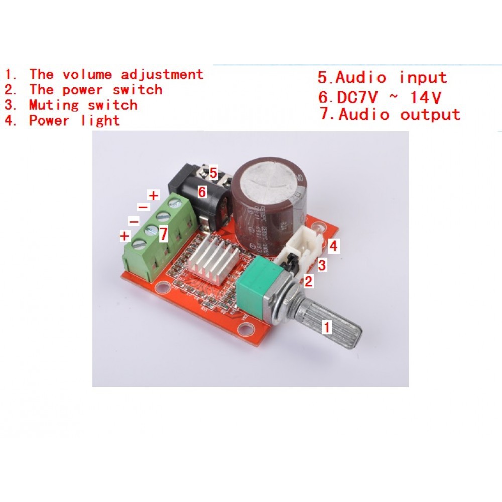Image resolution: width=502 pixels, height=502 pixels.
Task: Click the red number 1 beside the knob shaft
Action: [x=327, y=328]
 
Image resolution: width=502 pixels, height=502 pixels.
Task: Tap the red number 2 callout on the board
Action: [x=309, y=281]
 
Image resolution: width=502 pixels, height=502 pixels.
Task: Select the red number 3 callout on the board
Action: [x=322, y=264]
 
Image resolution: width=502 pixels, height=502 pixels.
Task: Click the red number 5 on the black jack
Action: [x=213, y=174]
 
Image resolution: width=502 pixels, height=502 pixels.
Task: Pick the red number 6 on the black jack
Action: [x=202, y=191]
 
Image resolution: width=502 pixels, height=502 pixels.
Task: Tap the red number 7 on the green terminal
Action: [x=163, y=234]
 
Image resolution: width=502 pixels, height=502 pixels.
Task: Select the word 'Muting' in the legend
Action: [x=54, y=105]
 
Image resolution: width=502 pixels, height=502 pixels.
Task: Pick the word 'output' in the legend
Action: [x=430, y=114]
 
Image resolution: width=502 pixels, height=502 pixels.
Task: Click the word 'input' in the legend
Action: [x=423, y=78]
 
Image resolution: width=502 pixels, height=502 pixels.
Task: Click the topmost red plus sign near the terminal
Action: [x=153, y=195]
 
